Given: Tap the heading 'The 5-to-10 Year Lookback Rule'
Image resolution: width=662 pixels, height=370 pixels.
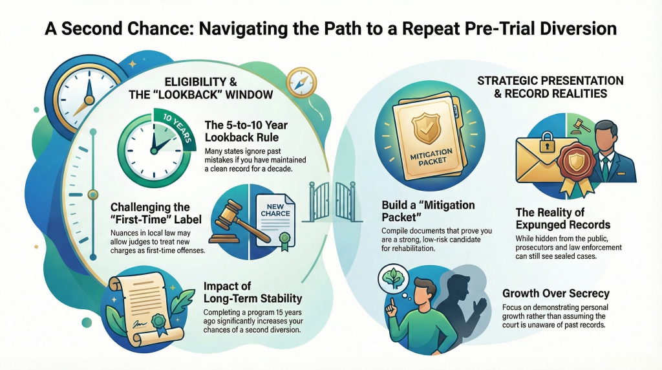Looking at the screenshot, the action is point(246,131).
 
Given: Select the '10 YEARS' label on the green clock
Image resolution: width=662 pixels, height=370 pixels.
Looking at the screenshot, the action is point(178,129).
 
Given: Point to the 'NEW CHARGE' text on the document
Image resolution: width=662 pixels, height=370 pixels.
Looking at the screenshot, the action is point(275,210).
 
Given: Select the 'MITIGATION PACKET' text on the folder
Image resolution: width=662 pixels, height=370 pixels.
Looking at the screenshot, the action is point(431,157).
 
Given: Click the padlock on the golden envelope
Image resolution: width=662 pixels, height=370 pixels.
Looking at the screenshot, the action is point(547,142).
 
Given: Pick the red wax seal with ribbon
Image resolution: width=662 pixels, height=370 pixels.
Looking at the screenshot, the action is point(575,166).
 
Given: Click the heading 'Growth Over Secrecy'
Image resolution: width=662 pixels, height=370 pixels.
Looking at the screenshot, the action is point(555,293).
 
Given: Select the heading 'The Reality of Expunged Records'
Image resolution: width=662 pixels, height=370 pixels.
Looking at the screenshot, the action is point(563,218).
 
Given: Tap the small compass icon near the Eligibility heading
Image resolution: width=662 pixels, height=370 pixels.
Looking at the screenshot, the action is point(301,82).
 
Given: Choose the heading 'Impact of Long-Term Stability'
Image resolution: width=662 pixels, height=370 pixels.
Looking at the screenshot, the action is point(253,292).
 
